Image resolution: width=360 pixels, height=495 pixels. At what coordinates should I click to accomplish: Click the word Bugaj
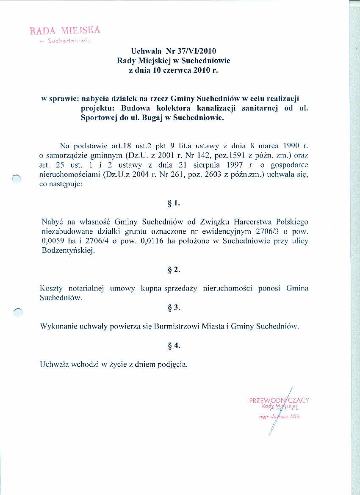tap(147, 117)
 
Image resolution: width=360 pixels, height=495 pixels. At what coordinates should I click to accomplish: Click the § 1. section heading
tap(174, 203)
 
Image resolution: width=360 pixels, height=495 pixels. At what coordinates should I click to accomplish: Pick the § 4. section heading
tap(174, 346)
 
